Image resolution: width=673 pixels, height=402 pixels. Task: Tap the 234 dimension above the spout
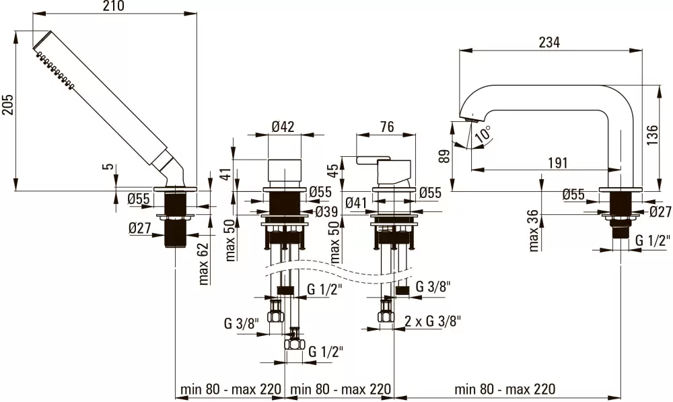tap(550, 42)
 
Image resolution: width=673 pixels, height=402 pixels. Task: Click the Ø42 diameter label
tap(284, 126)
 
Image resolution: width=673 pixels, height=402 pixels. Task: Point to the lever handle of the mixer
tap(369, 161)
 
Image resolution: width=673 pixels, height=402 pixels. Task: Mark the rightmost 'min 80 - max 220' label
tap(505, 389)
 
